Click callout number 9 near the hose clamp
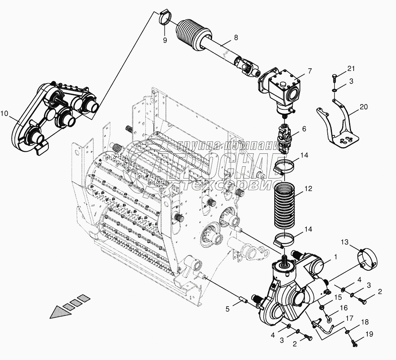point(165,40)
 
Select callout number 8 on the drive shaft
point(236,37)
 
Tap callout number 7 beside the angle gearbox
point(309,71)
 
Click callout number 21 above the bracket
point(351,68)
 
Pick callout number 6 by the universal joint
point(304,129)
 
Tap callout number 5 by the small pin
point(227,309)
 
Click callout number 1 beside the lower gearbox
point(335,257)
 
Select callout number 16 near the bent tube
point(344,307)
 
